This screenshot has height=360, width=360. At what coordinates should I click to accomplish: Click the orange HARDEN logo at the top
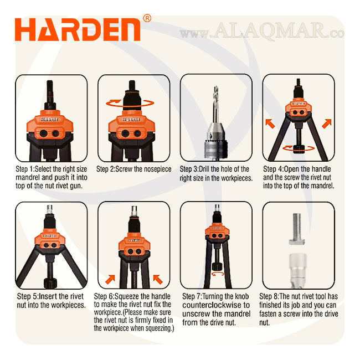(78, 29)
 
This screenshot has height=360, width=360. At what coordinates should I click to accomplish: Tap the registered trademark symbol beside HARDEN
(147, 18)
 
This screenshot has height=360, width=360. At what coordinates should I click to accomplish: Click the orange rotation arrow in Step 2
(130, 104)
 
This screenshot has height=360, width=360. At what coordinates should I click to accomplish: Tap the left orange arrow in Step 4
(270, 124)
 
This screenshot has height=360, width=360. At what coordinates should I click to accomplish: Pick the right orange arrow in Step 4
(327, 124)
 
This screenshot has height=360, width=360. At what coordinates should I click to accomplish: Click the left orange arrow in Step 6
(110, 279)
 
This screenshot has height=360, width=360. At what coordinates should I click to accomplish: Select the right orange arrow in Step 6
(158, 279)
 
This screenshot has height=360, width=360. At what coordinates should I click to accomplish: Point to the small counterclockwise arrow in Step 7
(218, 274)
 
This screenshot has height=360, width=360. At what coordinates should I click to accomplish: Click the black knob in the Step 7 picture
(217, 266)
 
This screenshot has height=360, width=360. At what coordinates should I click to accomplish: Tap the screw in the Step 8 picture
(297, 229)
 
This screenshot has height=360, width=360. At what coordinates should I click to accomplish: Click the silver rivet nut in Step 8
(297, 270)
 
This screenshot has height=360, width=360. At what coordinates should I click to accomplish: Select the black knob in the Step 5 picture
(50, 284)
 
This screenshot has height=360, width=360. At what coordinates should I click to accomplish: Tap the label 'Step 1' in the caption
(24, 169)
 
